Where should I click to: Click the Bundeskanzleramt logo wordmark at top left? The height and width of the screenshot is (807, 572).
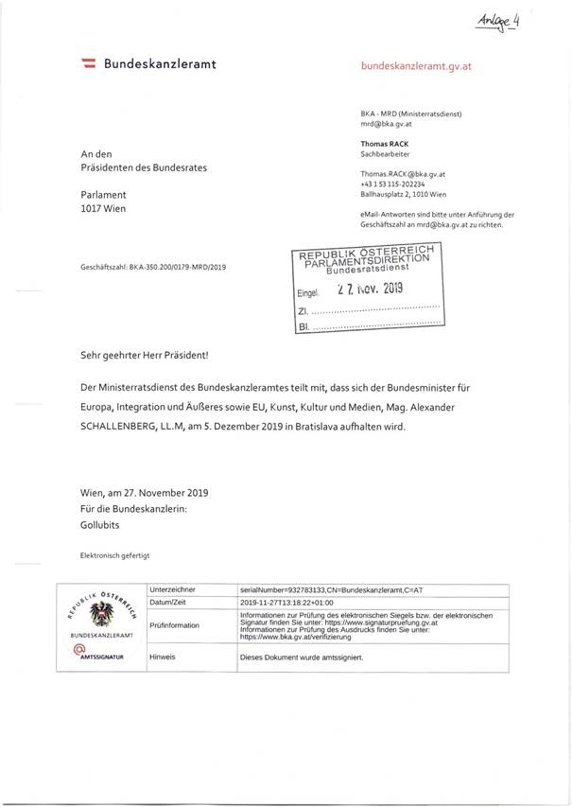click(x=149, y=63)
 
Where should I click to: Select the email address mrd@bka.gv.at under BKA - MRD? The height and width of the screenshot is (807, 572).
click(x=381, y=124)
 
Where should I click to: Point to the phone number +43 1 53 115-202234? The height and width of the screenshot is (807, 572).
click(x=390, y=184)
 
